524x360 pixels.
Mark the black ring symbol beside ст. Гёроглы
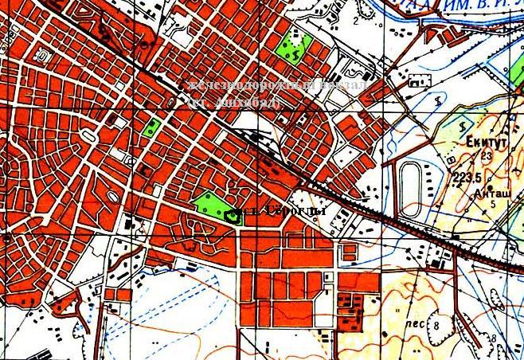(233, 215)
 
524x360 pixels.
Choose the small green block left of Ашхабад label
(151, 127)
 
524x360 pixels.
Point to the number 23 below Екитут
(486, 156)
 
